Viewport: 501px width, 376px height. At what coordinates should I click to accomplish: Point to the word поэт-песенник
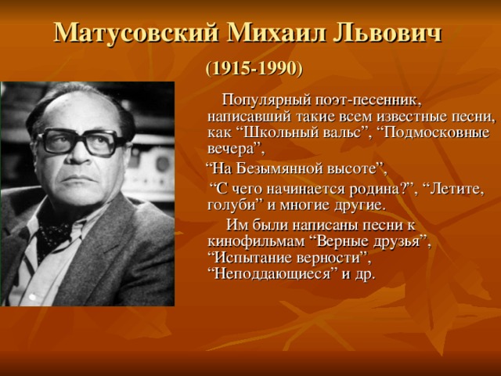click(x=368, y=100)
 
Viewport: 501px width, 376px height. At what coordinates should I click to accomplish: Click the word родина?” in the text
click(x=368, y=189)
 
